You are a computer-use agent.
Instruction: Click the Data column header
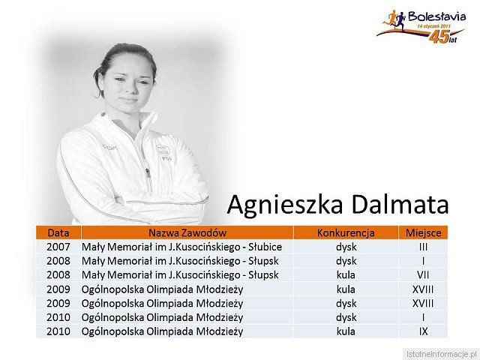point(58,232)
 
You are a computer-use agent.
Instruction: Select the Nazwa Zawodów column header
point(187,232)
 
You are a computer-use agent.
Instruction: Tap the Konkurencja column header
point(346,232)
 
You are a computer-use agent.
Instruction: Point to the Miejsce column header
point(423,232)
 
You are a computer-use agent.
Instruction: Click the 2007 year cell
point(58,247)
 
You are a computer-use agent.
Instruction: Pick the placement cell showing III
point(423,247)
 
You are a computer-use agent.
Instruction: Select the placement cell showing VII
point(423,274)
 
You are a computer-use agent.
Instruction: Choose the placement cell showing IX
point(423,331)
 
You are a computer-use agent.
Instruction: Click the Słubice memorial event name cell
point(181,247)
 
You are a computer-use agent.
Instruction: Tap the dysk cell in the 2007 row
point(346,247)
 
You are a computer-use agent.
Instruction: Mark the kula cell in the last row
point(346,331)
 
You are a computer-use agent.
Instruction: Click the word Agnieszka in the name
point(286,203)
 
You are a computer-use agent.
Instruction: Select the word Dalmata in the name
point(400,203)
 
